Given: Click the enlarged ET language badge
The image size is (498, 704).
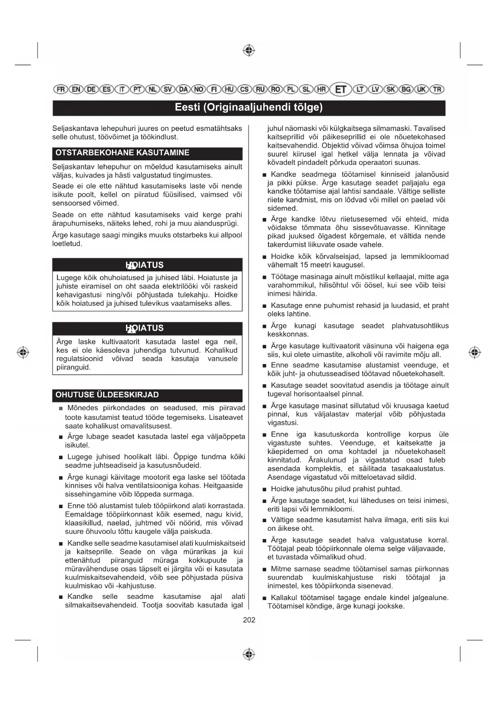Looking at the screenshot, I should (341, 89).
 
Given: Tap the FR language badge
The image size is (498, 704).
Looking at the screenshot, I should (61, 89).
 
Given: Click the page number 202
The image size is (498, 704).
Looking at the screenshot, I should (249, 620).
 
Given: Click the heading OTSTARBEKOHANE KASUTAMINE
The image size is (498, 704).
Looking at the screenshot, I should (122, 153).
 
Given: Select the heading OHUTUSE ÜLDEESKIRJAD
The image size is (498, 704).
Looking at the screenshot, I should (107, 395).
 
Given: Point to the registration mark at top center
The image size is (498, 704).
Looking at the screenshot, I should (249, 50).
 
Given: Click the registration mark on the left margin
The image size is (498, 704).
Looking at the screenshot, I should (23, 352).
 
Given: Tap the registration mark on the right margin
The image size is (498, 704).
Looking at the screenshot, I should (475, 352).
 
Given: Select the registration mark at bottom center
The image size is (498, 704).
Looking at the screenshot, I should (249, 654).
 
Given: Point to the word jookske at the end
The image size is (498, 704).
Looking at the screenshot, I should (392, 606).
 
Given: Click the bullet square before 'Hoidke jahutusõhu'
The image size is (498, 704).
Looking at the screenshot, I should (264, 489).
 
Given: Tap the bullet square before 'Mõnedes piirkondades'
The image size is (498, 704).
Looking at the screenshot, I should (61, 409).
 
